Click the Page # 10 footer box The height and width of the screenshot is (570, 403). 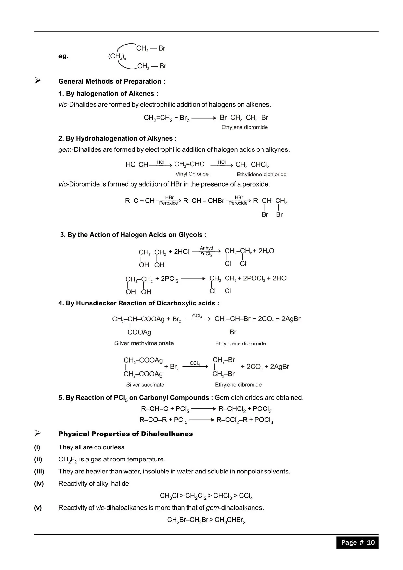click(x=357, y=542)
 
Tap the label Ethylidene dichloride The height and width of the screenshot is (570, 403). click(x=261, y=175)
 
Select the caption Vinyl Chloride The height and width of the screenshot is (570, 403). click(x=192, y=174)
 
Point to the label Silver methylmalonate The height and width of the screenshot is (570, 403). click(x=144, y=343)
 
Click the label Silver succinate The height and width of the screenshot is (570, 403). click(x=145, y=385)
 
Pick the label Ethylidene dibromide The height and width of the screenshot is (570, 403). click(x=240, y=343)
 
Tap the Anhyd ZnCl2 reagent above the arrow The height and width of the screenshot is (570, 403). click(x=206, y=251)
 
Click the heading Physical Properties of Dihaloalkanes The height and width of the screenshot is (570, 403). click(x=125, y=434)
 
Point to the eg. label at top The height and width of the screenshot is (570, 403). click(x=63, y=56)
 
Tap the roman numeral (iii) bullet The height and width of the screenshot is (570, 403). click(x=39, y=471)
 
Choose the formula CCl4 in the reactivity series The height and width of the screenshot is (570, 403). click(x=246, y=496)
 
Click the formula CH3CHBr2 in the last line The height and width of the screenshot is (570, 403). click(x=230, y=520)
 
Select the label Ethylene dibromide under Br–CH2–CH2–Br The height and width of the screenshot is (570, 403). click(x=244, y=127)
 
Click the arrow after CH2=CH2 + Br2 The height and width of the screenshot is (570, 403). click(x=204, y=118)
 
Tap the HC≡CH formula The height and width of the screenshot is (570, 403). click(x=136, y=165)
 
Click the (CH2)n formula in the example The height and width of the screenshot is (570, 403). click(x=117, y=56)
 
